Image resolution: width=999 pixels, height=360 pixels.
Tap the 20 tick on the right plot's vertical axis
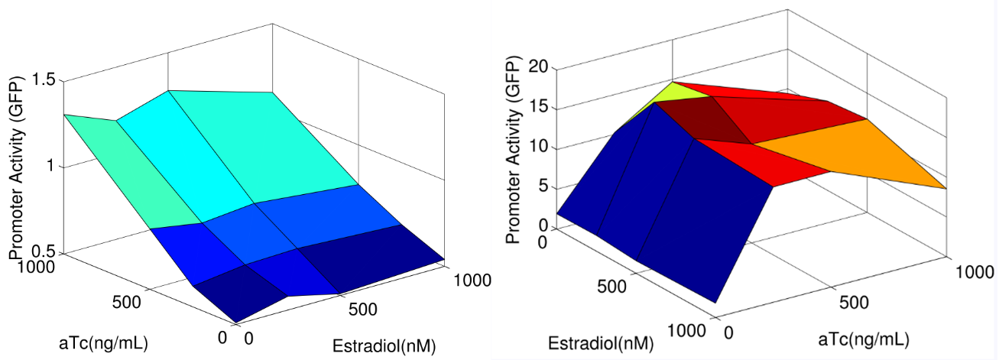[538, 67]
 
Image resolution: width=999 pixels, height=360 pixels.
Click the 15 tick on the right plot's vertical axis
[538, 107]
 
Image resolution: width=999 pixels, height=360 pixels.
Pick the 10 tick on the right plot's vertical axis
[538, 147]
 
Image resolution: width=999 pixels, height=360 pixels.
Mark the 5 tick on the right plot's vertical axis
[542, 187]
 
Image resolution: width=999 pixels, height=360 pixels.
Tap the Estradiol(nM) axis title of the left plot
[384, 345]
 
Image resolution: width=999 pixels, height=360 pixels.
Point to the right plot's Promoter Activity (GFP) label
[513, 154]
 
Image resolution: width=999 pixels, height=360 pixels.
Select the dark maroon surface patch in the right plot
[699, 118]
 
